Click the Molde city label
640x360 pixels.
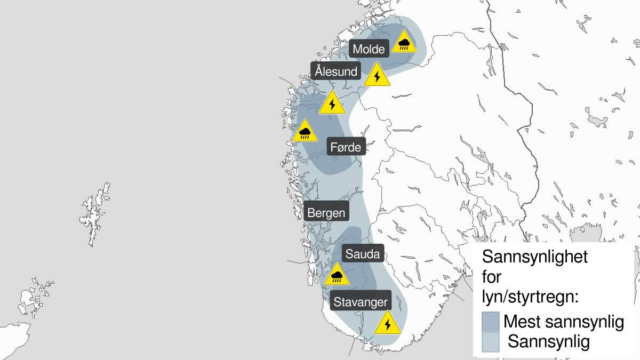[369, 49]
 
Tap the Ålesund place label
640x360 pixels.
[336, 71]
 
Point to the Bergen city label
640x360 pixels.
[326, 213]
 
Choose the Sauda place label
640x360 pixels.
[362, 254]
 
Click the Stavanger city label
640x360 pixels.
[361, 302]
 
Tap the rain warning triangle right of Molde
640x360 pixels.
[404, 42]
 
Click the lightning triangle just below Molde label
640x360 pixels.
[378, 76]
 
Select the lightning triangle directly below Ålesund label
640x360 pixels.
[332, 103]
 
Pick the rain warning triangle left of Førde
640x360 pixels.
[305, 131]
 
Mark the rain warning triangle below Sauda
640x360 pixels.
[337, 274]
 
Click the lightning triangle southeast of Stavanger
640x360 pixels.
[387, 323]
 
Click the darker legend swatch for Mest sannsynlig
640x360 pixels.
[490, 322]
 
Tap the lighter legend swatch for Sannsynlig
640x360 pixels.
[490, 342]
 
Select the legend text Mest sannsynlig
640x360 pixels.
[563, 322]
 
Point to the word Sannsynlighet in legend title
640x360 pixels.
[534, 257]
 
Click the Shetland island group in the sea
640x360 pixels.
[95, 213]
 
